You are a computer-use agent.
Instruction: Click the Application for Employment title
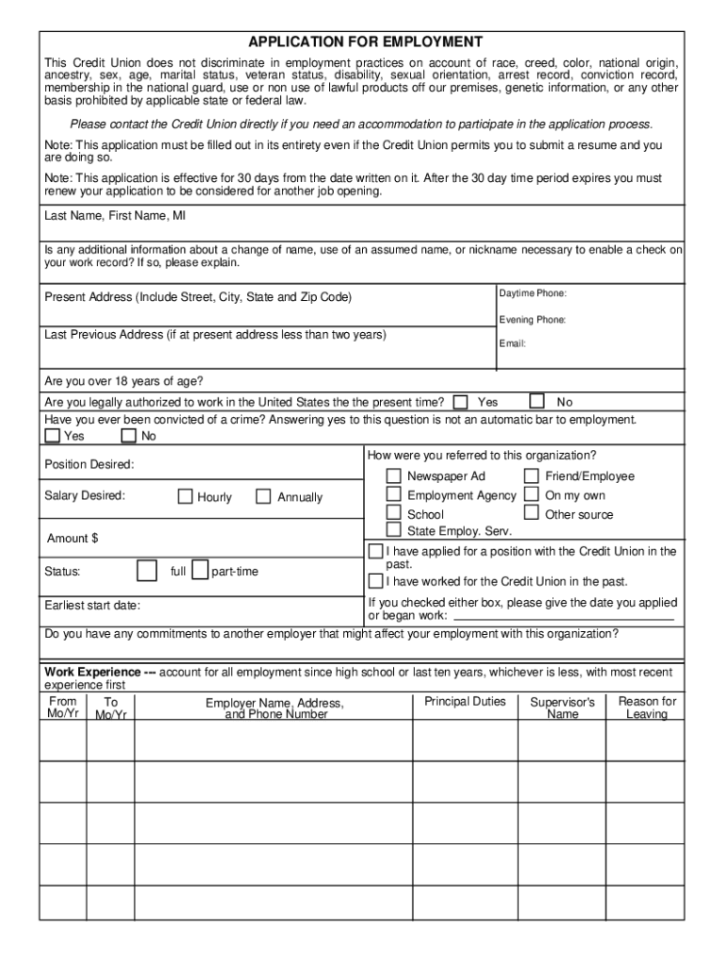(x=365, y=42)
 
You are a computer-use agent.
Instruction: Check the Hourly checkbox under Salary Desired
(x=186, y=496)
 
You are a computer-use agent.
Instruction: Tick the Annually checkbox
(x=263, y=496)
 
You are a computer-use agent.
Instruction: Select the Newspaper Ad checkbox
(x=393, y=476)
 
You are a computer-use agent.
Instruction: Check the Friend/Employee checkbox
(x=531, y=476)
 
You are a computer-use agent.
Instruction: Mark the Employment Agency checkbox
(x=393, y=494)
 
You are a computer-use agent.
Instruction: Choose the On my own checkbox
(x=531, y=494)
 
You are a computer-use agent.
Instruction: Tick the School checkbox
(x=393, y=513)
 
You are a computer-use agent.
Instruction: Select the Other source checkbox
(x=531, y=513)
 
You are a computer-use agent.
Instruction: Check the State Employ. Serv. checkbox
(x=393, y=530)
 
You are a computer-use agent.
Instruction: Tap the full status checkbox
(x=147, y=571)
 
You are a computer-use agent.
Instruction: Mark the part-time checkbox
(x=200, y=571)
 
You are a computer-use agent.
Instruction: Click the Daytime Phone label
(x=533, y=294)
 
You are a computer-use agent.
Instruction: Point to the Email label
(x=512, y=343)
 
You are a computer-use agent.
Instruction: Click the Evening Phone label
(x=533, y=320)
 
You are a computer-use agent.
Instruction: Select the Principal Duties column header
(x=465, y=702)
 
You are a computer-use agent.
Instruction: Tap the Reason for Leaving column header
(x=647, y=708)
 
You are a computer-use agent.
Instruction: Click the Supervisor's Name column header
(x=562, y=708)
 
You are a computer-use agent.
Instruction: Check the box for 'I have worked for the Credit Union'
(x=376, y=581)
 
